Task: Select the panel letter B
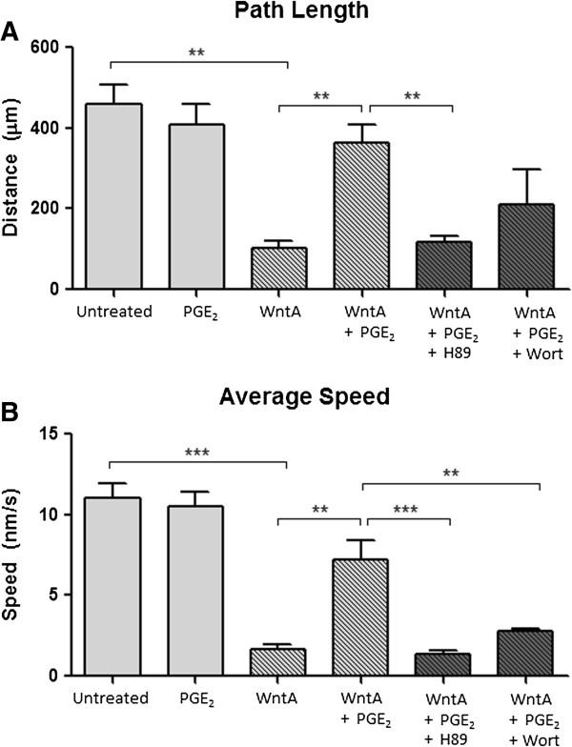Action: (x=11, y=416)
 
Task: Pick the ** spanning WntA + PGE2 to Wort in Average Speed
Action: (x=452, y=471)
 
